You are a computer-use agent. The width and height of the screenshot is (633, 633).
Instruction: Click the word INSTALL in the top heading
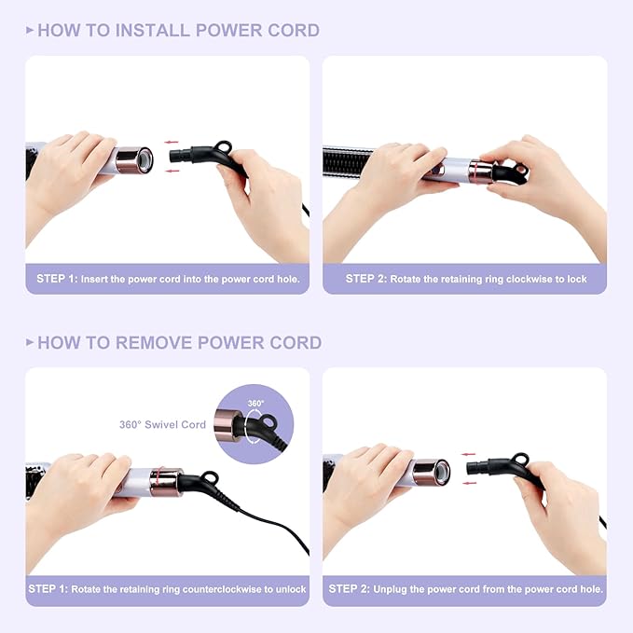click(150, 31)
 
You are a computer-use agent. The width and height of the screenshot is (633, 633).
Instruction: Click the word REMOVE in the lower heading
click(151, 342)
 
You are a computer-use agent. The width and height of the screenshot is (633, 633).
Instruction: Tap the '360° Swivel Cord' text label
click(162, 424)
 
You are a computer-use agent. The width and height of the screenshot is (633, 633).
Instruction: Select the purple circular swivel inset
click(253, 425)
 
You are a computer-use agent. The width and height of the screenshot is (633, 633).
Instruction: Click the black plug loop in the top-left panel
click(223, 147)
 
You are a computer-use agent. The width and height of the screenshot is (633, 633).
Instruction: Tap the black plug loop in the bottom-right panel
click(520, 460)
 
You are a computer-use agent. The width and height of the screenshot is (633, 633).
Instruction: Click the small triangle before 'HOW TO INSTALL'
click(30, 31)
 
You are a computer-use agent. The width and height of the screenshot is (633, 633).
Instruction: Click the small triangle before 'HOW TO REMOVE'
click(30, 342)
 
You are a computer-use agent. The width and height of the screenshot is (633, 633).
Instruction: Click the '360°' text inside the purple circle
click(255, 404)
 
